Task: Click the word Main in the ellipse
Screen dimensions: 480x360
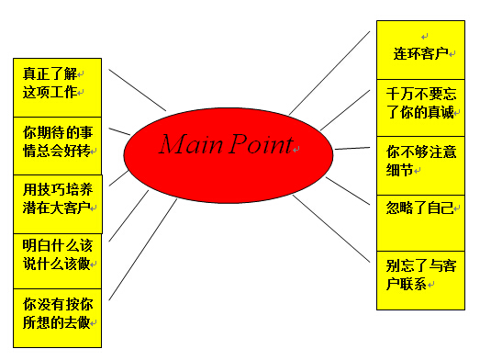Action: click(192, 145)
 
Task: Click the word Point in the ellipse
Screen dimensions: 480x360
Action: click(262, 145)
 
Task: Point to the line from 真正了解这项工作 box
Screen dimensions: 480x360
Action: click(138, 89)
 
